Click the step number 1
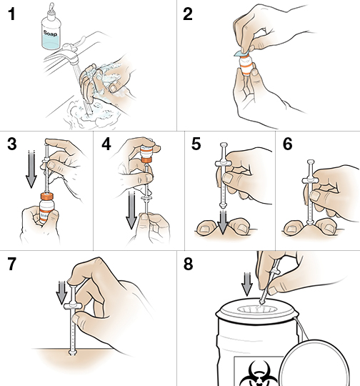coord(11,14)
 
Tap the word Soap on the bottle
coord(51,33)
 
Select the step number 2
coord(188,14)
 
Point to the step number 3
coord(12,144)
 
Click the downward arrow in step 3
coord(31,169)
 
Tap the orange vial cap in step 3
coord(46,196)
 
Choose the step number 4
coord(106,144)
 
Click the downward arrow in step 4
coord(131,210)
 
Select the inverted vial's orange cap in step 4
coord(146,159)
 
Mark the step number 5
coord(196,144)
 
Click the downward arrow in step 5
coord(223,222)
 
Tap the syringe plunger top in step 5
coord(224,144)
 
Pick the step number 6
coord(288,144)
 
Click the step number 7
coord(12,264)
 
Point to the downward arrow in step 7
coord(61,292)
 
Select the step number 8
coord(189,264)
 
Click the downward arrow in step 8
coord(247,284)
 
